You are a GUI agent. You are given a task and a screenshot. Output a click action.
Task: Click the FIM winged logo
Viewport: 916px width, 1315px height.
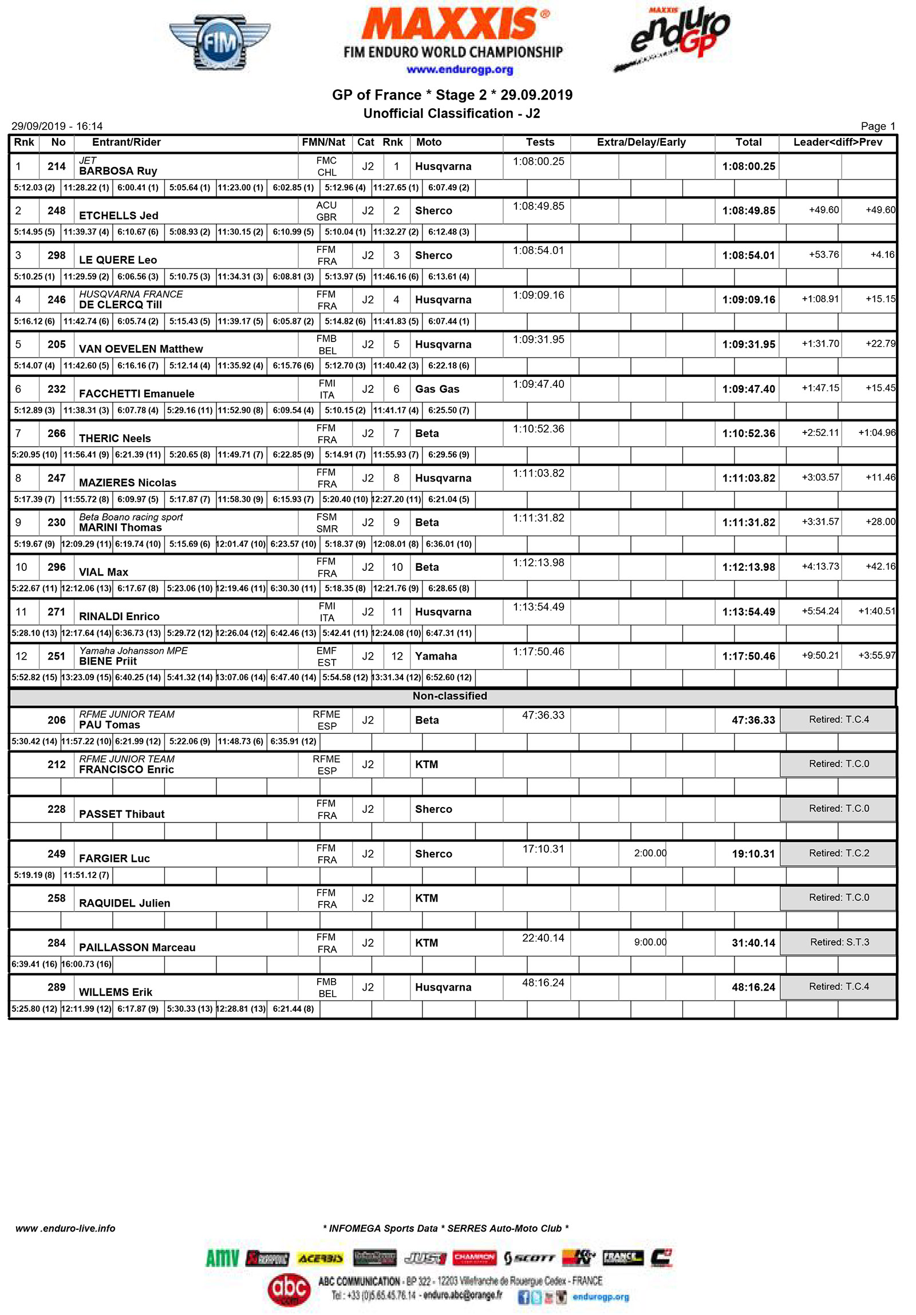pos(219,43)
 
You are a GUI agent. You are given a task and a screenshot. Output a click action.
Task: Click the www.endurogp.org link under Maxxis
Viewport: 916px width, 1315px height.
pos(459,70)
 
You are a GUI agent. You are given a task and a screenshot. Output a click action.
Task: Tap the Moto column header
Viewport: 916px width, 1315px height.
pos(429,142)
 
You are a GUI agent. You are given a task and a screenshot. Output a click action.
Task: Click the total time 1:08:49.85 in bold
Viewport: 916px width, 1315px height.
pos(748,210)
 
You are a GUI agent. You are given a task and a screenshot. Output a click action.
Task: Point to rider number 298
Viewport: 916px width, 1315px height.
pos(56,256)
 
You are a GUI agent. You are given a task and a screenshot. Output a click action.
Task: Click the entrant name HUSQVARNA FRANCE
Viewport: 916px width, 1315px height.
pos(131,295)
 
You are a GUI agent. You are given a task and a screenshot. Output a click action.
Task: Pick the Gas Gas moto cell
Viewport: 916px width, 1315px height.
pos(437,390)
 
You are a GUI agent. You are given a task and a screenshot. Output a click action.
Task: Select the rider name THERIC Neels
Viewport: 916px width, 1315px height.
pos(114,439)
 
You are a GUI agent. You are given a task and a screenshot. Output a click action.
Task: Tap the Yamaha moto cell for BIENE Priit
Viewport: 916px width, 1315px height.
pos(436,656)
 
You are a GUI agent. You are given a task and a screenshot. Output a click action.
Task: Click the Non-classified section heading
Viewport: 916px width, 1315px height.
pos(449,697)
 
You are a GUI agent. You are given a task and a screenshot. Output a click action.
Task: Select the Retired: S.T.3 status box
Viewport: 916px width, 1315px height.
pos(838,943)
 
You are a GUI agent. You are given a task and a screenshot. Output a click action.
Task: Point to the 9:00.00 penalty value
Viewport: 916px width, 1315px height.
pos(649,943)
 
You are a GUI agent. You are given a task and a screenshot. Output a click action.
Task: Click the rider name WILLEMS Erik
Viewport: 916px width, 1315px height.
pos(115,992)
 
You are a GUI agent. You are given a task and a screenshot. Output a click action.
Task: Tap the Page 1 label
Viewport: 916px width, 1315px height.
pos(877,126)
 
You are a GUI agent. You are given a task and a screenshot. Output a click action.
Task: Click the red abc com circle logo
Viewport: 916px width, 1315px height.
pos(289,1289)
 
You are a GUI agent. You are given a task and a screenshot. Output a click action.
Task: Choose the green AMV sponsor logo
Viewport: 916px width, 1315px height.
pos(222,1258)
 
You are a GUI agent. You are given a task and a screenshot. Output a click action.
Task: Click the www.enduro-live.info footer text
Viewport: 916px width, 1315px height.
pos(65,1229)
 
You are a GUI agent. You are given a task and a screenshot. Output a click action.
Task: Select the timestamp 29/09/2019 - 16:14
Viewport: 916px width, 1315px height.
pos(57,126)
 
